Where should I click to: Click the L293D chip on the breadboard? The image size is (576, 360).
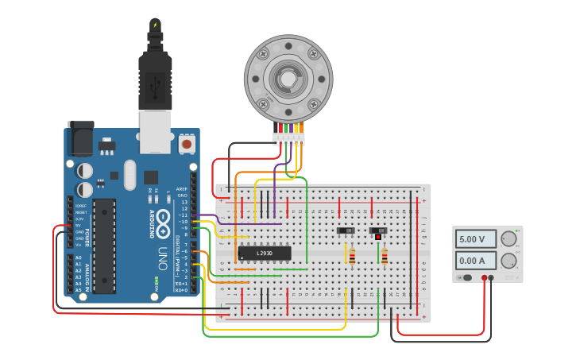(x=264, y=254)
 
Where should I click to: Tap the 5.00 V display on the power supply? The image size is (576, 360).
(x=476, y=239)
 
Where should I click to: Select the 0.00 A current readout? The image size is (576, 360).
(x=476, y=261)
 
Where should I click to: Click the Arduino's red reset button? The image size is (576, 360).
(x=187, y=144)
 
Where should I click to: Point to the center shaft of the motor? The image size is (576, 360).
(x=288, y=79)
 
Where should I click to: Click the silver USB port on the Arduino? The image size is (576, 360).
(x=155, y=131)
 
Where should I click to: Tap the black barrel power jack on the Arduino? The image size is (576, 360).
(x=80, y=138)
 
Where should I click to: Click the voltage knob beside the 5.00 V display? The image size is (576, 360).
(x=509, y=238)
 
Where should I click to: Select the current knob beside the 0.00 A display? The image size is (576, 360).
(x=509, y=261)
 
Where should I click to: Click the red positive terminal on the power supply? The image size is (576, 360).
(x=484, y=278)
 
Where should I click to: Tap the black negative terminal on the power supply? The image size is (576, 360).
(x=491, y=278)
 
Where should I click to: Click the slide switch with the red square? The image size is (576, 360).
(x=378, y=232)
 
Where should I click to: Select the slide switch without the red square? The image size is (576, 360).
(x=346, y=231)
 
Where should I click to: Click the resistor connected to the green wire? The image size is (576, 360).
(x=385, y=256)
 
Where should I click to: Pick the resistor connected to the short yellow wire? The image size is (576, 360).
(x=352, y=256)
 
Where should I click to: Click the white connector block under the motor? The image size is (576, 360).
(x=288, y=138)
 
